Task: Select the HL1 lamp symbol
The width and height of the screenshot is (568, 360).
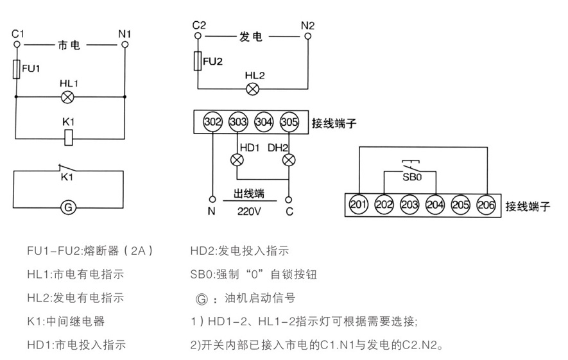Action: click(x=68, y=98)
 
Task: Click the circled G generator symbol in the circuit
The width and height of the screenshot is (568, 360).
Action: click(x=69, y=207)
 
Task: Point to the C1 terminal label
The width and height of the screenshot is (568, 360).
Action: click(x=17, y=33)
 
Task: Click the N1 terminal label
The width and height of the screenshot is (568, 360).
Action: click(x=125, y=33)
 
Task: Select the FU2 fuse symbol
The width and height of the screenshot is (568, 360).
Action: click(x=198, y=62)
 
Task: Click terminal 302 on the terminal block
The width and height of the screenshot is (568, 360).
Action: click(x=212, y=121)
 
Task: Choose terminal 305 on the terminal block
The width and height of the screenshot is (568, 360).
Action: click(x=289, y=121)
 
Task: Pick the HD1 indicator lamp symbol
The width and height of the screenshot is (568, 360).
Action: click(x=237, y=159)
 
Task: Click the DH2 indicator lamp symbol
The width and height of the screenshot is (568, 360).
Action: click(x=289, y=159)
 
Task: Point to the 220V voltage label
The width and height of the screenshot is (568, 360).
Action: click(x=249, y=209)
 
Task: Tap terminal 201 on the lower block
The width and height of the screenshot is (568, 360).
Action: click(x=358, y=205)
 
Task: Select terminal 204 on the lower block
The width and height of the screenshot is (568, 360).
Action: click(x=435, y=205)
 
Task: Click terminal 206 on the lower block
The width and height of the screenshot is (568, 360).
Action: click(x=485, y=205)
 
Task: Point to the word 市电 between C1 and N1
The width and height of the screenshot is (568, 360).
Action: click(x=69, y=46)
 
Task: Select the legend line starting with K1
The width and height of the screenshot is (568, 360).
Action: click(x=65, y=321)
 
